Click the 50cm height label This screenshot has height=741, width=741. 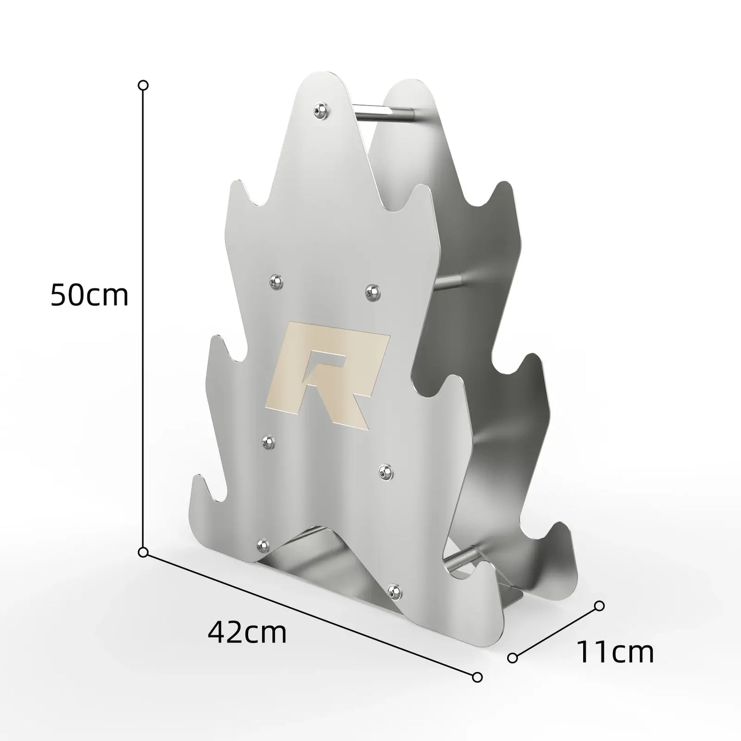(89, 295)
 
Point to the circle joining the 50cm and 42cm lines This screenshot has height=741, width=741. (143, 553)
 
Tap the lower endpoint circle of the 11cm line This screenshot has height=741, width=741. (512, 658)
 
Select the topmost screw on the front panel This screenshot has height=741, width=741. (321, 110)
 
